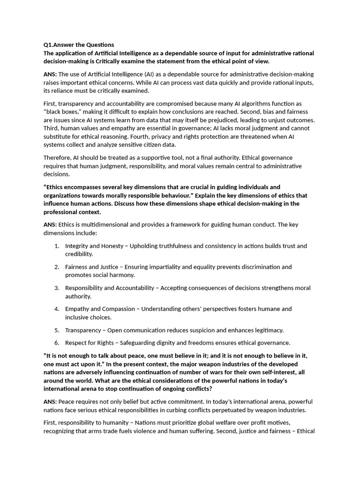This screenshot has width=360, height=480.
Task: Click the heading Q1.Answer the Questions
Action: tap(79, 45)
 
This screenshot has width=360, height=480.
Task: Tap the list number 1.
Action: tap(56, 246)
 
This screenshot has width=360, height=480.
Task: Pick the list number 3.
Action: tap(56, 288)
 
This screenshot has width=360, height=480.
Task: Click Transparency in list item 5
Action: tap(83, 330)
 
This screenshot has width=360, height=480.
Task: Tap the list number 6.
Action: tap(56, 343)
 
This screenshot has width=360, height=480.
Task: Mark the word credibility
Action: tap(79, 254)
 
